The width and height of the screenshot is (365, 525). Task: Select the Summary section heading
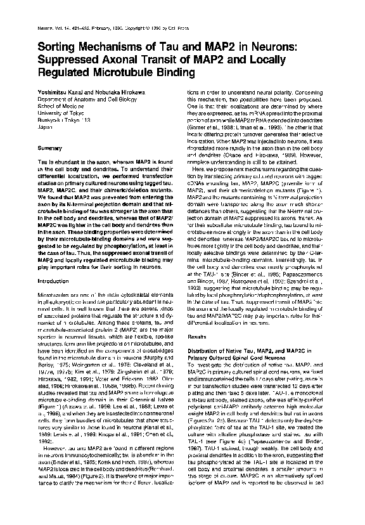point(49,148)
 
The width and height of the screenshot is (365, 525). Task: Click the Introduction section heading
point(53,281)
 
